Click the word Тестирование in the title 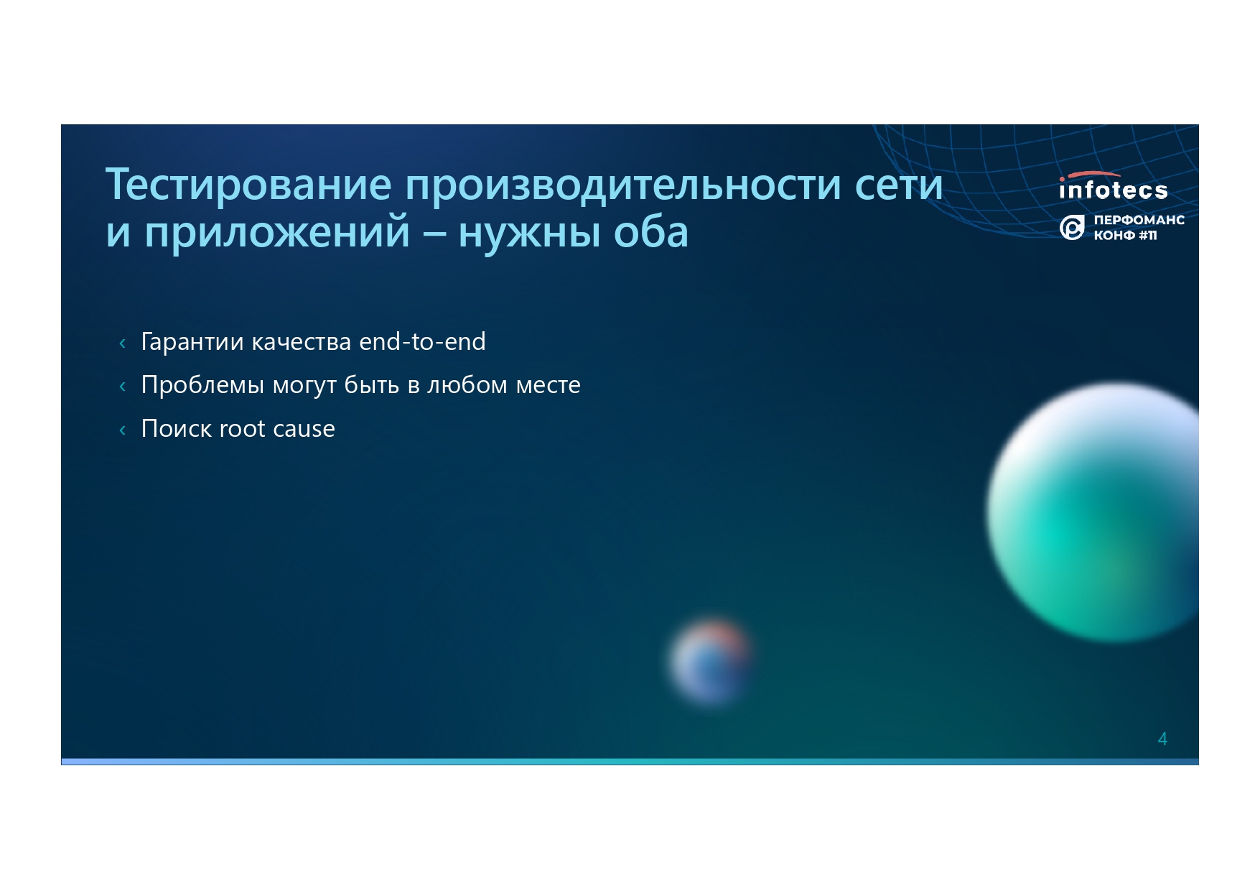pyautogui.click(x=248, y=185)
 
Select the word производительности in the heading pyautogui.click(x=622, y=185)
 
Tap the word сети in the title pyautogui.click(x=898, y=185)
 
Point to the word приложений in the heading pyautogui.click(x=277, y=232)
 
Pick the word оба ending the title pyautogui.click(x=651, y=231)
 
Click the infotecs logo pyautogui.click(x=1113, y=186)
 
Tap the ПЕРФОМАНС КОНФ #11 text pyautogui.click(x=1139, y=227)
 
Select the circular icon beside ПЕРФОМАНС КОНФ pyautogui.click(x=1072, y=228)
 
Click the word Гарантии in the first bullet pyautogui.click(x=192, y=341)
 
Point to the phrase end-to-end pyautogui.click(x=422, y=341)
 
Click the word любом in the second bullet pyautogui.click(x=467, y=385)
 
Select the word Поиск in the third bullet pyautogui.click(x=177, y=428)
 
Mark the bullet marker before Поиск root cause pyautogui.click(x=123, y=430)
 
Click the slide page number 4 pyautogui.click(x=1162, y=739)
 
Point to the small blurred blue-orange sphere pyautogui.click(x=711, y=662)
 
